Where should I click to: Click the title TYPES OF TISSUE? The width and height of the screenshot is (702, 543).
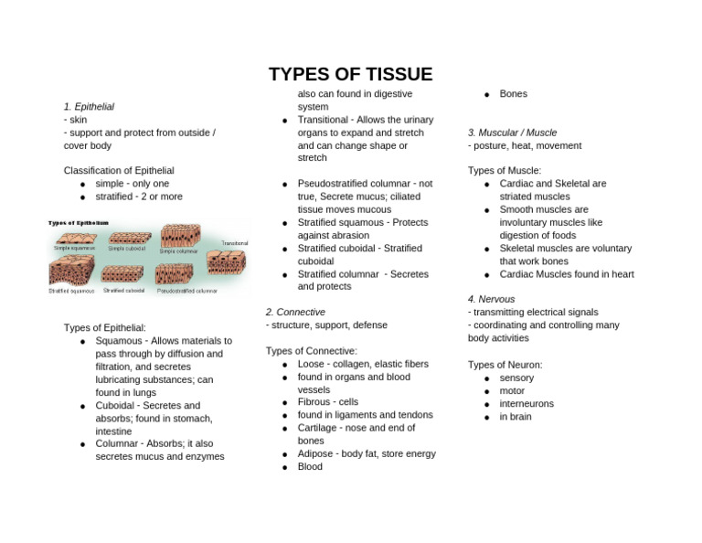(350, 75)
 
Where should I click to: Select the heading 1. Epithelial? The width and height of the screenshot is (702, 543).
(89, 107)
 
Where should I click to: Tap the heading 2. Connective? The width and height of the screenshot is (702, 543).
(295, 312)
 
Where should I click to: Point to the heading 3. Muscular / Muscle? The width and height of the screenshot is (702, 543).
(512, 133)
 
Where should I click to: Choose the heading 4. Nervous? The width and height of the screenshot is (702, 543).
(491, 299)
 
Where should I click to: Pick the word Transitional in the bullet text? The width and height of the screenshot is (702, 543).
(323, 120)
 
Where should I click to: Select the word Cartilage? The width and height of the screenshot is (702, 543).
(318, 428)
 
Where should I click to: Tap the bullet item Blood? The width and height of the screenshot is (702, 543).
(310, 466)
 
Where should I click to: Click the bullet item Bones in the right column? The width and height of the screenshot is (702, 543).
(513, 94)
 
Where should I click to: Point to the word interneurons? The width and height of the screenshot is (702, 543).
(526, 403)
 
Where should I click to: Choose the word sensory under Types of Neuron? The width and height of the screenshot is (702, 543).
(516, 378)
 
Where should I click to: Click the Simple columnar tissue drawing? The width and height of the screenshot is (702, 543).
(180, 236)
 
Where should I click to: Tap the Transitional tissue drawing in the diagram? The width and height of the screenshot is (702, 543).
(226, 262)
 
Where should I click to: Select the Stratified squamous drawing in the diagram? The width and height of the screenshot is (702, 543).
(70, 271)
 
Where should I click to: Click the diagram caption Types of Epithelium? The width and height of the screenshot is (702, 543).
(79, 222)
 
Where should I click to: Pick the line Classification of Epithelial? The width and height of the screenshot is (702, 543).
(119, 171)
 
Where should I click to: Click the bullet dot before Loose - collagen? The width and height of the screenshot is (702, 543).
(285, 365)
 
